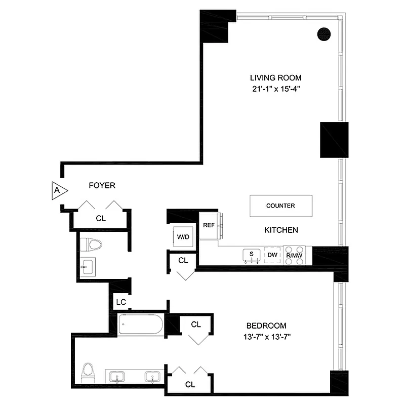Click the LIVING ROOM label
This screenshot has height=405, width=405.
(275, 78)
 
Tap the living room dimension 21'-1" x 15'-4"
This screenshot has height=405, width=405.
(275, 89)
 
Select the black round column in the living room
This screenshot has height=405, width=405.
(324, 34)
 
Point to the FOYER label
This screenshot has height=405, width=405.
(102, 186)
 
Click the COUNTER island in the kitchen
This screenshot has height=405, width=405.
(280, 206)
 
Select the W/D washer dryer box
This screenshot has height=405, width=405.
(182, 236)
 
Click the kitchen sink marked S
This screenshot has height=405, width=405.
(251, 255)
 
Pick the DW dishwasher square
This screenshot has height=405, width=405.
(272, 255)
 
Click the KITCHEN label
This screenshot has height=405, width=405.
(281, 230)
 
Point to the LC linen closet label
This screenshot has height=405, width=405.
(120, 302)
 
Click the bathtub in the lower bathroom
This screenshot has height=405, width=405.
(141, 325)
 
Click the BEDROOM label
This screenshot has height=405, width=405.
(266, 326)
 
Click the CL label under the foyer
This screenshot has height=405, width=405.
(101, 219)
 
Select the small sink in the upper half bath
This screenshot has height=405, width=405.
(89, 265)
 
